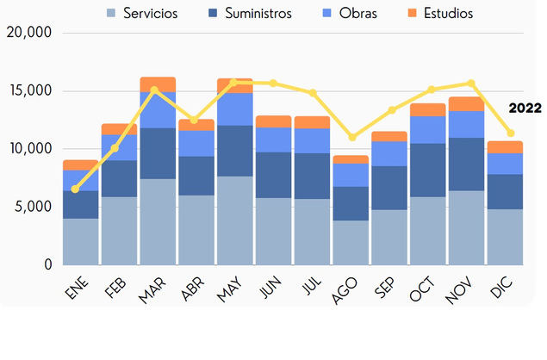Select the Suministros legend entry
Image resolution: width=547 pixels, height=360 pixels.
257,13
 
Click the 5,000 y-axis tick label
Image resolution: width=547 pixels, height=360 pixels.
33,207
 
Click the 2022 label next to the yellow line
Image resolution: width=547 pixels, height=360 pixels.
525,109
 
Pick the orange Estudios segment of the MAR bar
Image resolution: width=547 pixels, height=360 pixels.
158,84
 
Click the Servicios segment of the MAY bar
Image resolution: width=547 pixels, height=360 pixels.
234,220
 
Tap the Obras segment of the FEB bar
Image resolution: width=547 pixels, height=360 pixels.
119,147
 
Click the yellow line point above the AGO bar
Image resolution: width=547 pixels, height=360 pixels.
351,137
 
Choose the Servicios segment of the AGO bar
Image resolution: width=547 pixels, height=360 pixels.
351,242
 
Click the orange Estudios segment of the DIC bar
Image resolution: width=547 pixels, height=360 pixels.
505,147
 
